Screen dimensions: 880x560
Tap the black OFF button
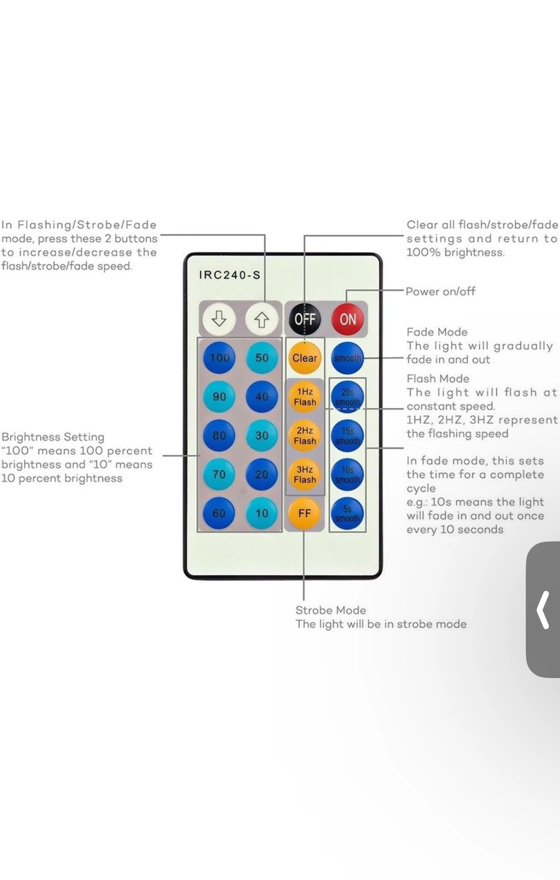pos(304,319)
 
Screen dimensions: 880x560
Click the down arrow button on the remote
pos(218,319)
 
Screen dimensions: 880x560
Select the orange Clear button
pos(304,358)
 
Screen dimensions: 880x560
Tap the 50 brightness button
pos(262,358)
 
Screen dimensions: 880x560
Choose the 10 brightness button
pos(262,513)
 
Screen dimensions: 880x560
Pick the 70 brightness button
pos(219,474)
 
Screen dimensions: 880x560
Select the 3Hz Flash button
pos(304,474)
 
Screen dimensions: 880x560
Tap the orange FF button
pos(304,513)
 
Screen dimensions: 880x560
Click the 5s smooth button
pos(347,513)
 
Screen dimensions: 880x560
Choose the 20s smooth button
pos(347,397)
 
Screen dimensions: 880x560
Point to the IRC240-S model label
pos(229,275)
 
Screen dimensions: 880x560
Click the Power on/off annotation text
pos(440,291)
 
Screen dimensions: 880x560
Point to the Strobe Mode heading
pos(331,610)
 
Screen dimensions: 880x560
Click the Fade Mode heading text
pos(437,332)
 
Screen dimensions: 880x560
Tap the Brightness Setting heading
pos(53,437)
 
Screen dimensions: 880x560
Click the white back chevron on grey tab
pos(543,610)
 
